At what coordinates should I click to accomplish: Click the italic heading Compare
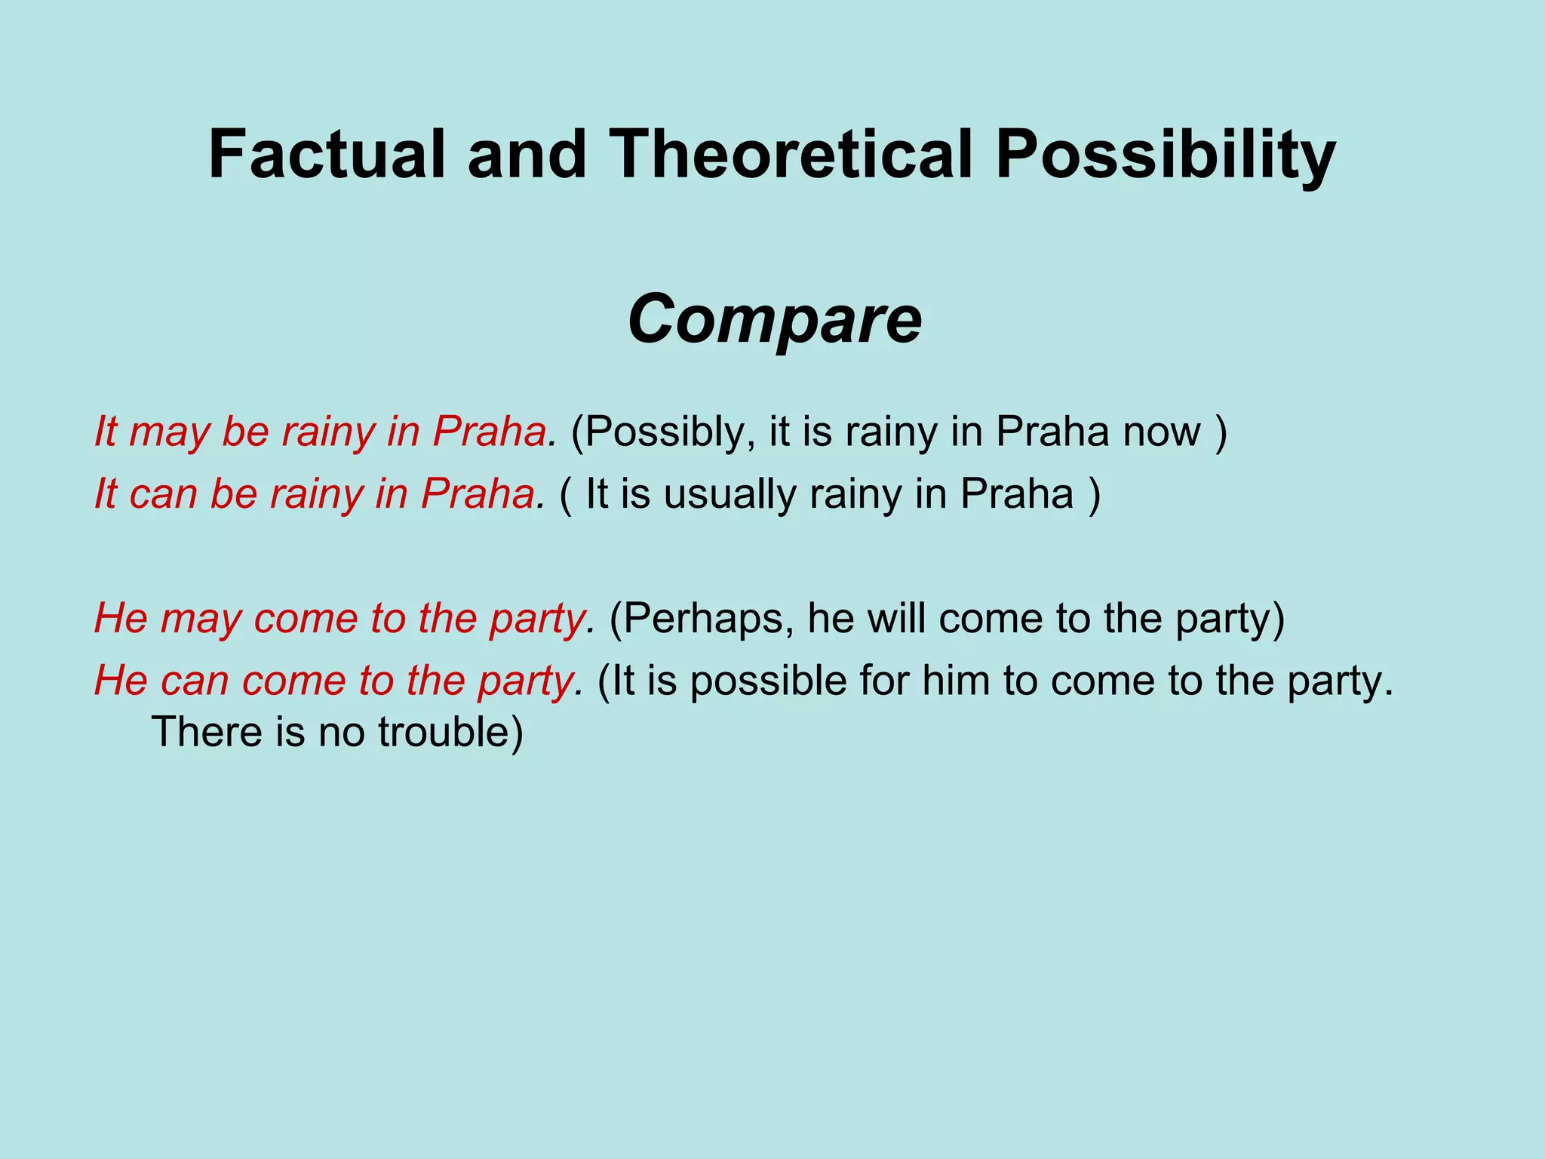coord(774,320)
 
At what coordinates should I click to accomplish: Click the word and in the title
coord(527,155)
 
